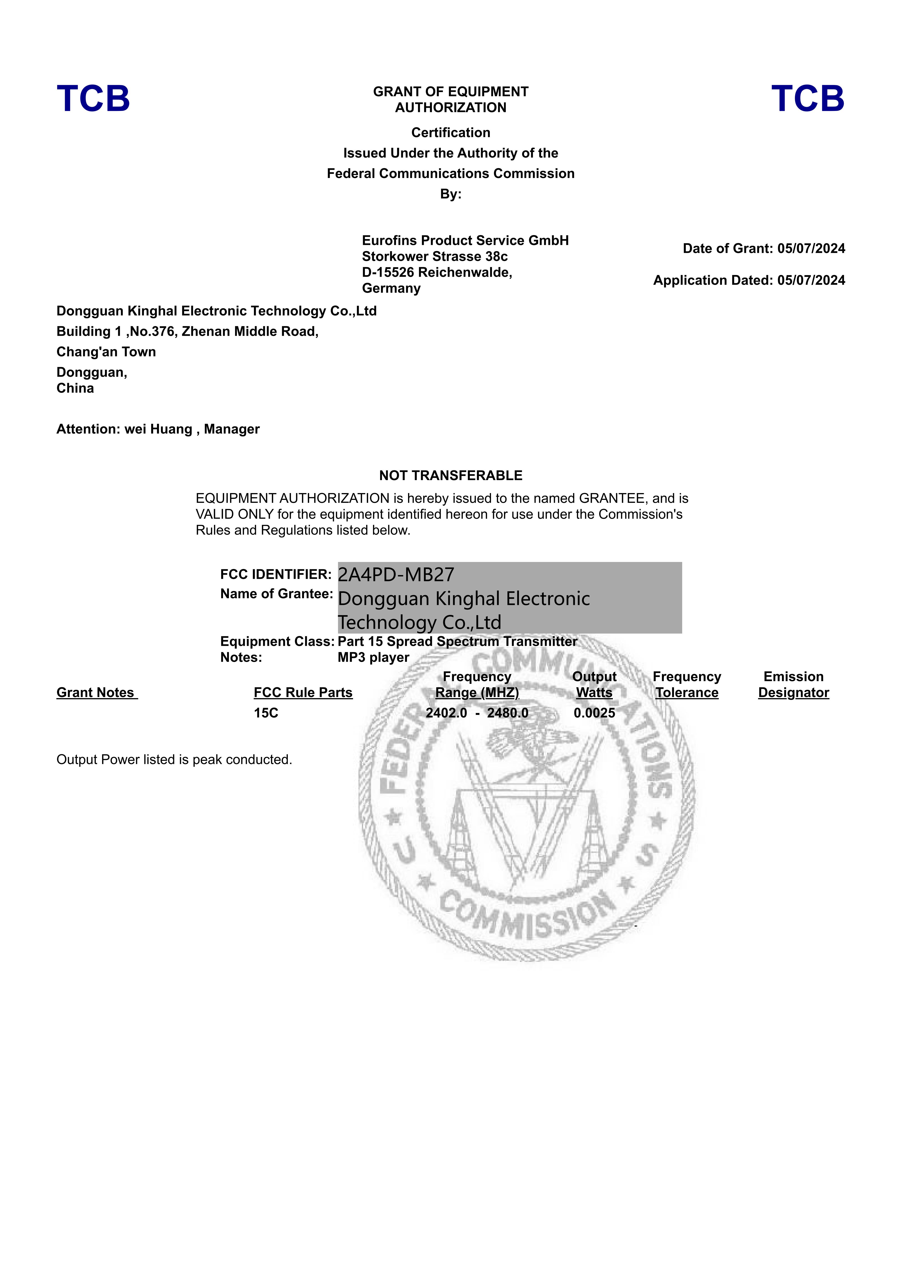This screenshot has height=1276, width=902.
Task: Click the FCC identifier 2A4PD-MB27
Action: point(396,574)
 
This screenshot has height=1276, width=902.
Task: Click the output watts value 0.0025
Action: point(594,713)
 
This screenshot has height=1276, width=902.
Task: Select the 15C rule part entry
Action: point(266,713)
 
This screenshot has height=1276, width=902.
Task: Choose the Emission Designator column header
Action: point(793,685)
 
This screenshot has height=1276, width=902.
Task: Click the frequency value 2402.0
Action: point(446,713)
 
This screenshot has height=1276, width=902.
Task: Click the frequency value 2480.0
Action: point(507,713)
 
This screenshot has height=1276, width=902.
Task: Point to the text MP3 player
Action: point(373,657)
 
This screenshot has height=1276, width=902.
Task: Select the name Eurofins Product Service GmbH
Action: point(465,241)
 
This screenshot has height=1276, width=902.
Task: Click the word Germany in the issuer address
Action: point(391,288)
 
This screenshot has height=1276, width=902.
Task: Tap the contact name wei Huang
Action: point(158,429)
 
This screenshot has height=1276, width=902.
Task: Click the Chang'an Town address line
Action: point(106,352)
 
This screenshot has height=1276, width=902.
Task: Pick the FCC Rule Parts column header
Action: point(303,692)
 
